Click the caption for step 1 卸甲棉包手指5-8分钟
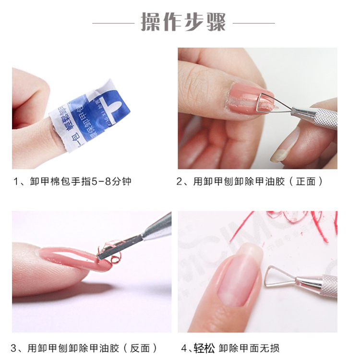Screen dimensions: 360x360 coord(72,181)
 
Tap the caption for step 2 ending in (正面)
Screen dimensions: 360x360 coord(250,181)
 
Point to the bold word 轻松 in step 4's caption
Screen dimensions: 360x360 coord(204,348)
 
